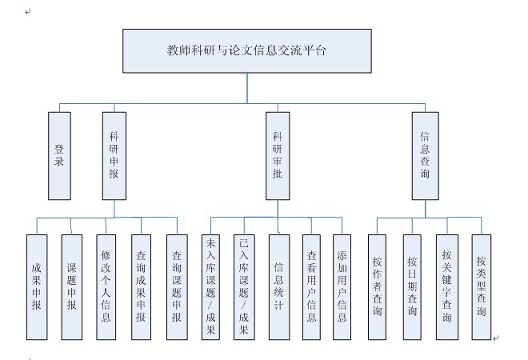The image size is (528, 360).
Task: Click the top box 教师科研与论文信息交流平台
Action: click(x=247, y=50)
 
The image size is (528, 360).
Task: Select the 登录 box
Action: click(x=58, y=155)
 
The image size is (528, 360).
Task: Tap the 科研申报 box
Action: click(x=114, y=155)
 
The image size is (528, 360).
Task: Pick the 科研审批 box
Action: click(x=278, y=155)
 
